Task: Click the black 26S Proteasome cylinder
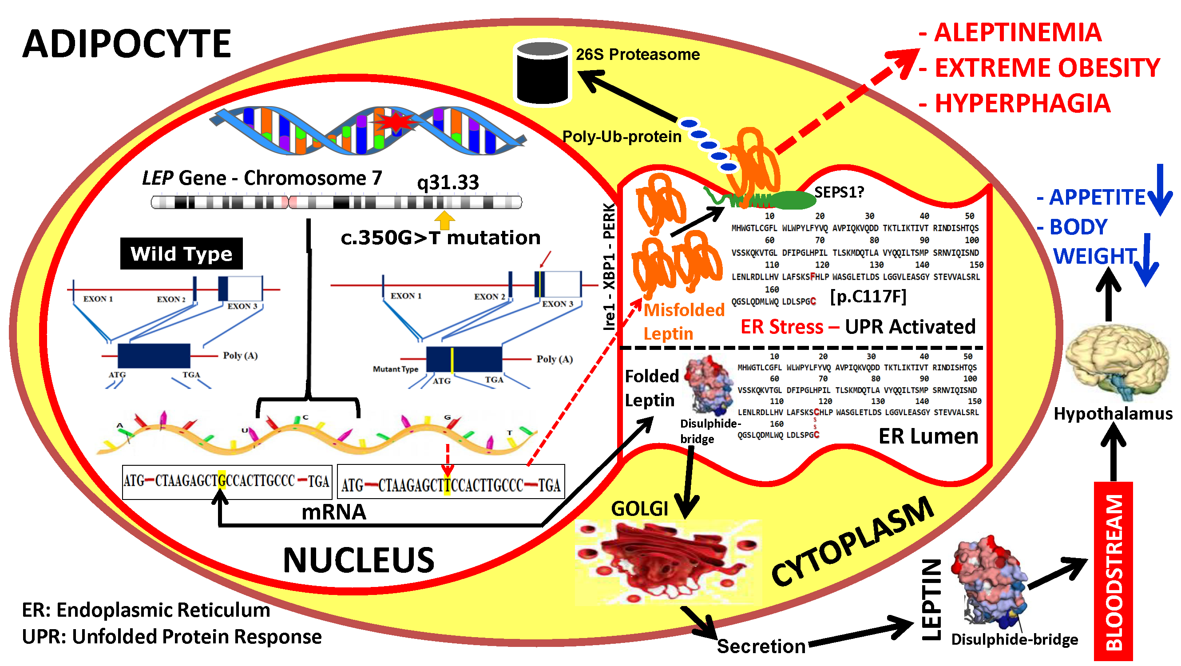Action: [543, 73]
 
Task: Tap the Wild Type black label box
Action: [181, 254]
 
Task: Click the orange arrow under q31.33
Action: [444, 221]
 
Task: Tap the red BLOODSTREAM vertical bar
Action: [1113, 571]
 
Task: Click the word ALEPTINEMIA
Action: [1017, 33]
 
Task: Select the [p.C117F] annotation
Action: [868, 297]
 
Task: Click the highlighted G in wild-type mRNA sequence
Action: [222, 481]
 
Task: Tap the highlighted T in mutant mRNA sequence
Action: [448, 485]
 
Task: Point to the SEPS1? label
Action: [839, 193]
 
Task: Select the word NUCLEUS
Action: [359, 561]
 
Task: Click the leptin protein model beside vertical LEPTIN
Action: [990, 583]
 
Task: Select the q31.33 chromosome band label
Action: [448, 182]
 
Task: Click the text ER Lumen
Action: [928, 436]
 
